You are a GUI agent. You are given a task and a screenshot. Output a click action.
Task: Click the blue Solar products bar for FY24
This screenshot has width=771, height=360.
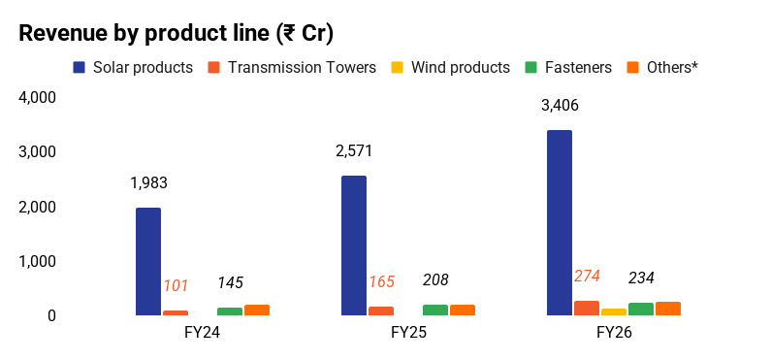click(x=148, y=262)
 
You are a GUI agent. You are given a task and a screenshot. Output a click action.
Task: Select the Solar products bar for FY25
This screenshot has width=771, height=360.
click(x=354, y=245)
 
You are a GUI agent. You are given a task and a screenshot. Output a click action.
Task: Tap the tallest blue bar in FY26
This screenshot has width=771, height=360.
click(x=560, y=223)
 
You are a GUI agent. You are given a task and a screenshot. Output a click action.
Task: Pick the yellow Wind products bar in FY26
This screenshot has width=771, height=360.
click(x=614, y=311)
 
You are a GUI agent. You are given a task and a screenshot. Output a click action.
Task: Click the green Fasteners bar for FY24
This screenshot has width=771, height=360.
click(x=230, y=311)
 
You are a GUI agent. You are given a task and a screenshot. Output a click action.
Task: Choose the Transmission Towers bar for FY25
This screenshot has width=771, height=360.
click(x=381, y=311)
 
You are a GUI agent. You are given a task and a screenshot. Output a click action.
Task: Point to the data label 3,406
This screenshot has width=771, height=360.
click(x=560, y=105)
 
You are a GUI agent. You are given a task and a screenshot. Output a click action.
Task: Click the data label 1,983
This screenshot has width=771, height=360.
click(x=148, y=183)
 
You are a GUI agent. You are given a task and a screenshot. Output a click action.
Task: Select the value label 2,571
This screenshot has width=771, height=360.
click(x=354, y=151)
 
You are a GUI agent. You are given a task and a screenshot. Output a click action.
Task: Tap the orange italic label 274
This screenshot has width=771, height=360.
click(x=587, y=277)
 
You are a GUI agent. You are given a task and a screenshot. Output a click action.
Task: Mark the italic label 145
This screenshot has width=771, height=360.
click(x=230, y=282)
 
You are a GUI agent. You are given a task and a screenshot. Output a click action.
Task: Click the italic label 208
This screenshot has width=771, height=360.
click(x=435, y=279)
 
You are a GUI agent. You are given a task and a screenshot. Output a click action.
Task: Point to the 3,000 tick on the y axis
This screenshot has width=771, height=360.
click(x=37, y=152)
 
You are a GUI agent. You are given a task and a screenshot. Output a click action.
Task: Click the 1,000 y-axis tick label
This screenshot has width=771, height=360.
click(x=37, y=261)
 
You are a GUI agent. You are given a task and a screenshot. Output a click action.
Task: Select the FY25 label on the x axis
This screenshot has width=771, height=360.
click(x=408, y=333)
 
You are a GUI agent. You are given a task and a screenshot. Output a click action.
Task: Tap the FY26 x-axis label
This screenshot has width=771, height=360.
click(x=614, y=333)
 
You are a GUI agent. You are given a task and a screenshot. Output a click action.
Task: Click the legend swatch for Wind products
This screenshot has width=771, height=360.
click(x=398, y=67)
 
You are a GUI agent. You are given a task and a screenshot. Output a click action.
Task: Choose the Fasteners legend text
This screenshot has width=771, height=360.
click(x=578, y=67)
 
